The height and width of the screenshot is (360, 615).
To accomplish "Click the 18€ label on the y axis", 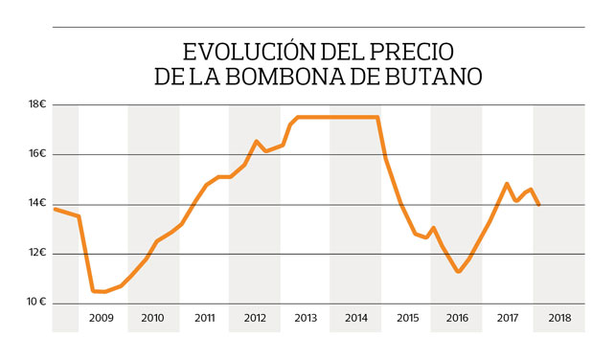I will tap(37, 104).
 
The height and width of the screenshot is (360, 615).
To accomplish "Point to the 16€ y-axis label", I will tap(37, 154).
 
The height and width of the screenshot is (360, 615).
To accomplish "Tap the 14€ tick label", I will tap(37, 204).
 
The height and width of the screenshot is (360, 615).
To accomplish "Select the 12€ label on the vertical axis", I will tap(37, 254).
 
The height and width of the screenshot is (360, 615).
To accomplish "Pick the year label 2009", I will tap(102, 317).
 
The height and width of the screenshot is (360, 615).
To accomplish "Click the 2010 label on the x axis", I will tap(152, 317).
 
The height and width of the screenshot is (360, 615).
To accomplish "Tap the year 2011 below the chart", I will tap(203, 317).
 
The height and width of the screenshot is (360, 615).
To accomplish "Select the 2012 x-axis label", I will tap(254, 317).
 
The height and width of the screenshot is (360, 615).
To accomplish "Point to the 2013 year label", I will tap(305, 317).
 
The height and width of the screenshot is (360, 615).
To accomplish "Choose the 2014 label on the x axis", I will tap(355, 317).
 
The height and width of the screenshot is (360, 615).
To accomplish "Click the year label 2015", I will tap(406, 317).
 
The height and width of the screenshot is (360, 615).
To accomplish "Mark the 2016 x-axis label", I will tap(457, 317).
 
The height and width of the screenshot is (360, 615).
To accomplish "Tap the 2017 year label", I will tap(508, 317).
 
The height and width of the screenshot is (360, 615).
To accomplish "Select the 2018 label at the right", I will tap(558, 317).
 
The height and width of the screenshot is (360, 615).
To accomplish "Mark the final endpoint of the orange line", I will tap(539, 205).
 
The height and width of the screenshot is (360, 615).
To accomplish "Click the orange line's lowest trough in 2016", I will tap(459, 272).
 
